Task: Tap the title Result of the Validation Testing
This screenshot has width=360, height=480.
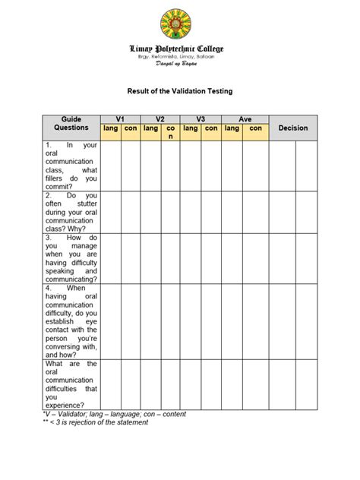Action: (x=179, y=91)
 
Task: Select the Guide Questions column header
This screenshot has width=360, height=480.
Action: (x=71, y=124)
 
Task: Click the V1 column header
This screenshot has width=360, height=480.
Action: (x=121, y=119)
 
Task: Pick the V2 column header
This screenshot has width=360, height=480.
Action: (x=160, y=119)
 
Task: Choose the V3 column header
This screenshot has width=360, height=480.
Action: (x=201, y=119)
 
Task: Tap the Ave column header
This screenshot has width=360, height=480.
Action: (x=245, y=119)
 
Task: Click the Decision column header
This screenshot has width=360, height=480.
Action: (x=293, y=128)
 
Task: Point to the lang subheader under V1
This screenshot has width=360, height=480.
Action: (x=110, y=128)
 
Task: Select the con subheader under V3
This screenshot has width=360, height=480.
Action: (x=211, y=128)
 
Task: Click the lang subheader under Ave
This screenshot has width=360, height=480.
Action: (x=232, y=128)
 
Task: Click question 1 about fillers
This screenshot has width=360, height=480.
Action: (x=71, y=165)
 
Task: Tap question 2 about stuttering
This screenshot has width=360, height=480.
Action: (x=71, y=211)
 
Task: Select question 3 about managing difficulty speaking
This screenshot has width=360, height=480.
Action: (x=71, y=257)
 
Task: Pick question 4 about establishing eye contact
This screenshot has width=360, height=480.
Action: (x=71, y=321)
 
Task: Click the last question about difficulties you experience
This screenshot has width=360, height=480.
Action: (x=71, y=384)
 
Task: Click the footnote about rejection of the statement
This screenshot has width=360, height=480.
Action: (x=96, y=423)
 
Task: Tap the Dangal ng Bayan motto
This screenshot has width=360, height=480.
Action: (x=179, y=66)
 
